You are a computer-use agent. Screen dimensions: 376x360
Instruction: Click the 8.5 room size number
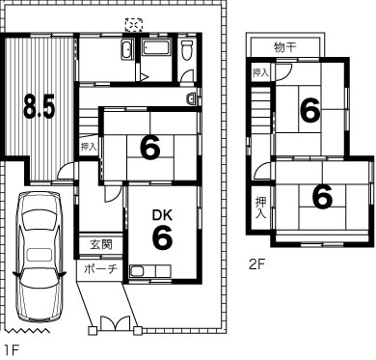pos(40,106)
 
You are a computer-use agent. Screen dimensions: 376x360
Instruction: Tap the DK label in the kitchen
pos(162,215)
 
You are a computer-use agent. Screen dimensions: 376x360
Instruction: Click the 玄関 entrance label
pos(101,245)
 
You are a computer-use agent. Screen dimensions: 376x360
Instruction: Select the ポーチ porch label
pos(101,268)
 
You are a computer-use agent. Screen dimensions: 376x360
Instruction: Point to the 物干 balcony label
pos(285,47)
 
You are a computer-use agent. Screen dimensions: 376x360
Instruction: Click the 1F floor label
pos(12,350)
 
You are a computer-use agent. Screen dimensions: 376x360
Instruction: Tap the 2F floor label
pos(256,264)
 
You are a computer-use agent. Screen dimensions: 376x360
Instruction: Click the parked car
pos(40,257)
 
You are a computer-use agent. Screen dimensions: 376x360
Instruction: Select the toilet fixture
pos(187,49)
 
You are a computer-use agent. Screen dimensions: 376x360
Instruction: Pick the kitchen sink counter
pos(149,271)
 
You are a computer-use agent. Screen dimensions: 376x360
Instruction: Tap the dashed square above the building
pos(134,25)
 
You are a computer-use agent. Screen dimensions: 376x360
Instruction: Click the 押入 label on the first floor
pos(89,147)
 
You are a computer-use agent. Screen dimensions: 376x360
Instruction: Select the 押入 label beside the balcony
pos(260,72)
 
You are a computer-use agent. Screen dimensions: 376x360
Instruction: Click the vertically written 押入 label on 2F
pos(260,208)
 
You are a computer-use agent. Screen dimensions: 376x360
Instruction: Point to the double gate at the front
pos(116,322)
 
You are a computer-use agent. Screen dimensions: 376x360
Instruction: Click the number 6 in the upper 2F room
pos(310,110)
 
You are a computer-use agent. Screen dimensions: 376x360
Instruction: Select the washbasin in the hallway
pos(192,98)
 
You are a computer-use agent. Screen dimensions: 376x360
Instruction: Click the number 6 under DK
pos(162,237)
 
